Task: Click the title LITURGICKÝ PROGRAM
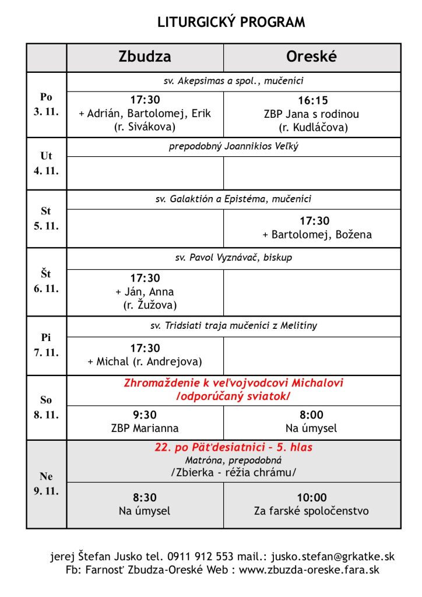[231, 22]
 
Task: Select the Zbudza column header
[145, 57]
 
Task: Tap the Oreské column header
[312, 57]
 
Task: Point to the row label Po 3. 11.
[46, 104]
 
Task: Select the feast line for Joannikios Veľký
[233, 146]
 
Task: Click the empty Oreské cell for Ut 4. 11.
[312, 173]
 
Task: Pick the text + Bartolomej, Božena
[316, 235]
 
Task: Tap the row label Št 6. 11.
[46, 281]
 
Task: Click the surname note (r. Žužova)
[150, 304]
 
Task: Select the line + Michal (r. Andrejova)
[145, 361]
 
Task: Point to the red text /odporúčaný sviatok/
[233, 396]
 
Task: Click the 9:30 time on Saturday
[145, 415]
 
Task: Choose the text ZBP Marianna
[145, 429]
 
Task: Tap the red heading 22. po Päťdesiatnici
[233, 448]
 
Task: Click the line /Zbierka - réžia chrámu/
[233, 472]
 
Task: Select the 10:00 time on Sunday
[312, 498]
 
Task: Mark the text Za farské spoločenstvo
[312, 511]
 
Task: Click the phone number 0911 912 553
[206, 557]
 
